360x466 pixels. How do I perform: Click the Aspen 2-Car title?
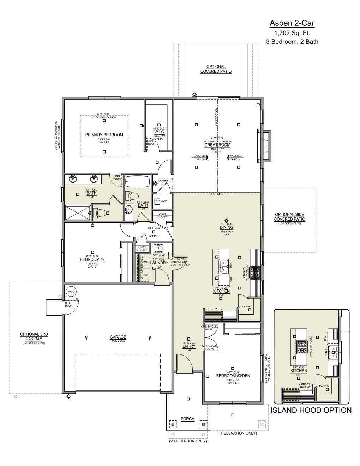click(x=292, y=23)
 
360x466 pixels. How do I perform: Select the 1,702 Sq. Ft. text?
click(x=292, y=33)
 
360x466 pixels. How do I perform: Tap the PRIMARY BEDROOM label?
click(x=104, y=135)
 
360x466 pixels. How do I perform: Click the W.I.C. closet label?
click(x=159, y=132)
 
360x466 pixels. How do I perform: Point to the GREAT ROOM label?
click(x=217, y=145)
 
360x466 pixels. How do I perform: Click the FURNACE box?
click(x=161, y=201)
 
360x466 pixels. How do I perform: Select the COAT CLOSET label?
click(x=162, y=215)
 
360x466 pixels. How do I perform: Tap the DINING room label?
click(x=227, y=227)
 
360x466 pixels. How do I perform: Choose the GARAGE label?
click(x=118, y=337)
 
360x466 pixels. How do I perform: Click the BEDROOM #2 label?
click(x=92, y=259)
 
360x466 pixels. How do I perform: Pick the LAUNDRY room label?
click(x=159, y=263)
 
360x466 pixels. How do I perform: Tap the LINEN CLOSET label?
click(x=142, y=249)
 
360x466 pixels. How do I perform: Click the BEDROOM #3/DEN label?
click(x=233, y=376)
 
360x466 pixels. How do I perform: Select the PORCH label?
click(x=187, y=419)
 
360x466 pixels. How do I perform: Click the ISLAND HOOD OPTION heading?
click(x=311, y=410)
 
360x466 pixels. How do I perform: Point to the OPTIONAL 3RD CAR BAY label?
click(x=34, y=336)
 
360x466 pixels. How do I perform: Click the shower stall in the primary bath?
click(x=77, y=213)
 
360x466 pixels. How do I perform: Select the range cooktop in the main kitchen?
click(x=255, y=273)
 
